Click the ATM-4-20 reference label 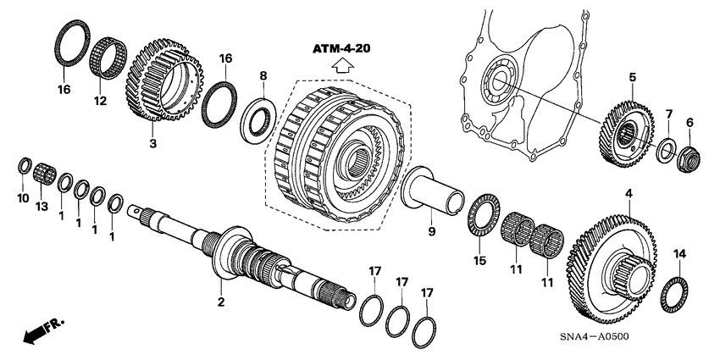(x=343, y=49)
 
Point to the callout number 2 (x=221, y=302)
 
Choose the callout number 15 (x=480, y=261)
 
